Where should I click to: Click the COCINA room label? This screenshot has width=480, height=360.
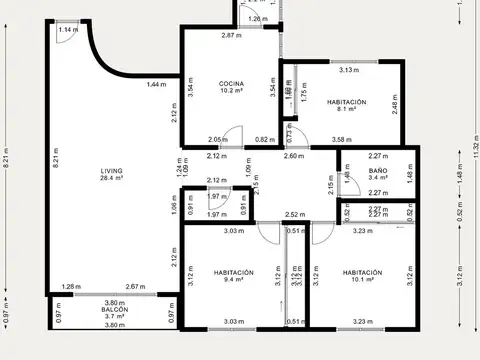pyautogui.click(x=232, y=83)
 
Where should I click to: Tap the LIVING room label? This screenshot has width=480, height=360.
pyautogui.click(x=111, y=171)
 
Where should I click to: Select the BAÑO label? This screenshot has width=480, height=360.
pyautogui.click(x=378, y=171)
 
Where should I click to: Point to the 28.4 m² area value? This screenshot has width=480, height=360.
pyautogui.click(x=111, y=179)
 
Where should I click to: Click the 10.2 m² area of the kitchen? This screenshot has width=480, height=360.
pyautogui.click(x=232, y=91)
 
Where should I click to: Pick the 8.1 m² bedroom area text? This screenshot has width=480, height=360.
pyautogui.click(x=347, y=111)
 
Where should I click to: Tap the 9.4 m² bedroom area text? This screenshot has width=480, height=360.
pyautogui.click(x=233, y=280)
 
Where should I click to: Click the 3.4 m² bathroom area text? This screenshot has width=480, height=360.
pyautogui.click(x=378, y=179)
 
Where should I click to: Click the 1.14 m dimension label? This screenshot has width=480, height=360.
pyautogui.click(x=67, y=30)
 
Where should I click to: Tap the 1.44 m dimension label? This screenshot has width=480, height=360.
pyautogui.click(x=156, y=84)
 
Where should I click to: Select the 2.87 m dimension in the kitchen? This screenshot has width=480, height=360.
pyautogui.click(x=232, y=36)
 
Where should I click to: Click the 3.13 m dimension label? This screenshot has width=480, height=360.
pyautogui.click(x=349, y=70)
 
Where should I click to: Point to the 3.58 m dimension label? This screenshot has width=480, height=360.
pyautogui.click(x=342, y=139)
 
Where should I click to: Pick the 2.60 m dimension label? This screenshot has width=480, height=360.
pyautogui.click(x=294, y=156)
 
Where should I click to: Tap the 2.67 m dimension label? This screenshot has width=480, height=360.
pyautogui.click(x=135, y=287)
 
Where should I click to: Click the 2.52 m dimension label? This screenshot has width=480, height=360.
pyautogui.click(x=294, y=214)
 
